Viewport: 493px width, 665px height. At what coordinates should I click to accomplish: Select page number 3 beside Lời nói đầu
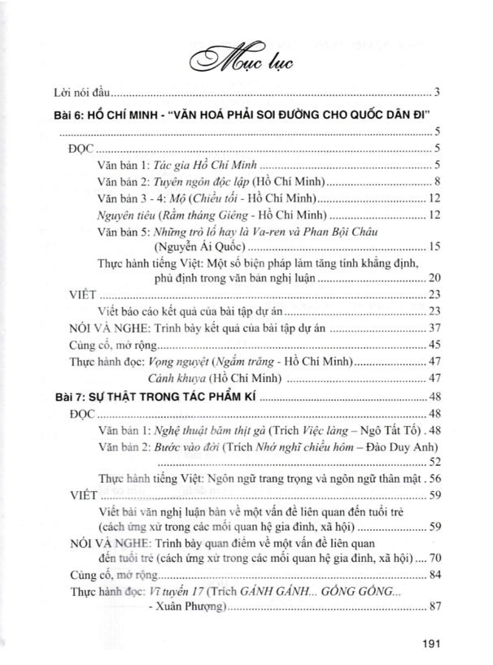[437, 91]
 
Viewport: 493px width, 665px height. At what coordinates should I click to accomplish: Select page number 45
[434, 345]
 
